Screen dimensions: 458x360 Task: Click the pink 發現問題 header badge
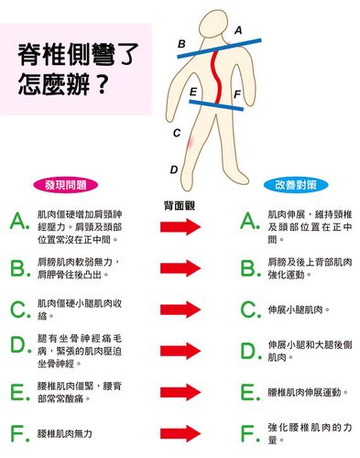pyautogui.click(x=65, y=183)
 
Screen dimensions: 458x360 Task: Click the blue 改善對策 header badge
pyautogui.click(x=295, y=183)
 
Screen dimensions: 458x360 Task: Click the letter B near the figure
pyautogui.click(x=181, y=43)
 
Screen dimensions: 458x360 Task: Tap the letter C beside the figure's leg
pyautogui.click(x=177, y=134)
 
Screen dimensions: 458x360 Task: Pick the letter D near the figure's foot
pyautogui.click(x=174, y=169)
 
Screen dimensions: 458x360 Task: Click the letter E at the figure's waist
pyautogui.click(x=192, y=92)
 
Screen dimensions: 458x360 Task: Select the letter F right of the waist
pyautogui.click(x=237, y=94)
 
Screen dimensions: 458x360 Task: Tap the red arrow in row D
pyautogui.click(x=180, y=350)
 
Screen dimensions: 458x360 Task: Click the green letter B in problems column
pyautogui.click(x=17, y=267)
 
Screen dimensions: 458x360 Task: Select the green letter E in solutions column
pyautogui.click(x=247, y=391)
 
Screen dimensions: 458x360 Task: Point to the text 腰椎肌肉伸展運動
pyautogui.click(x=307, y=391)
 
